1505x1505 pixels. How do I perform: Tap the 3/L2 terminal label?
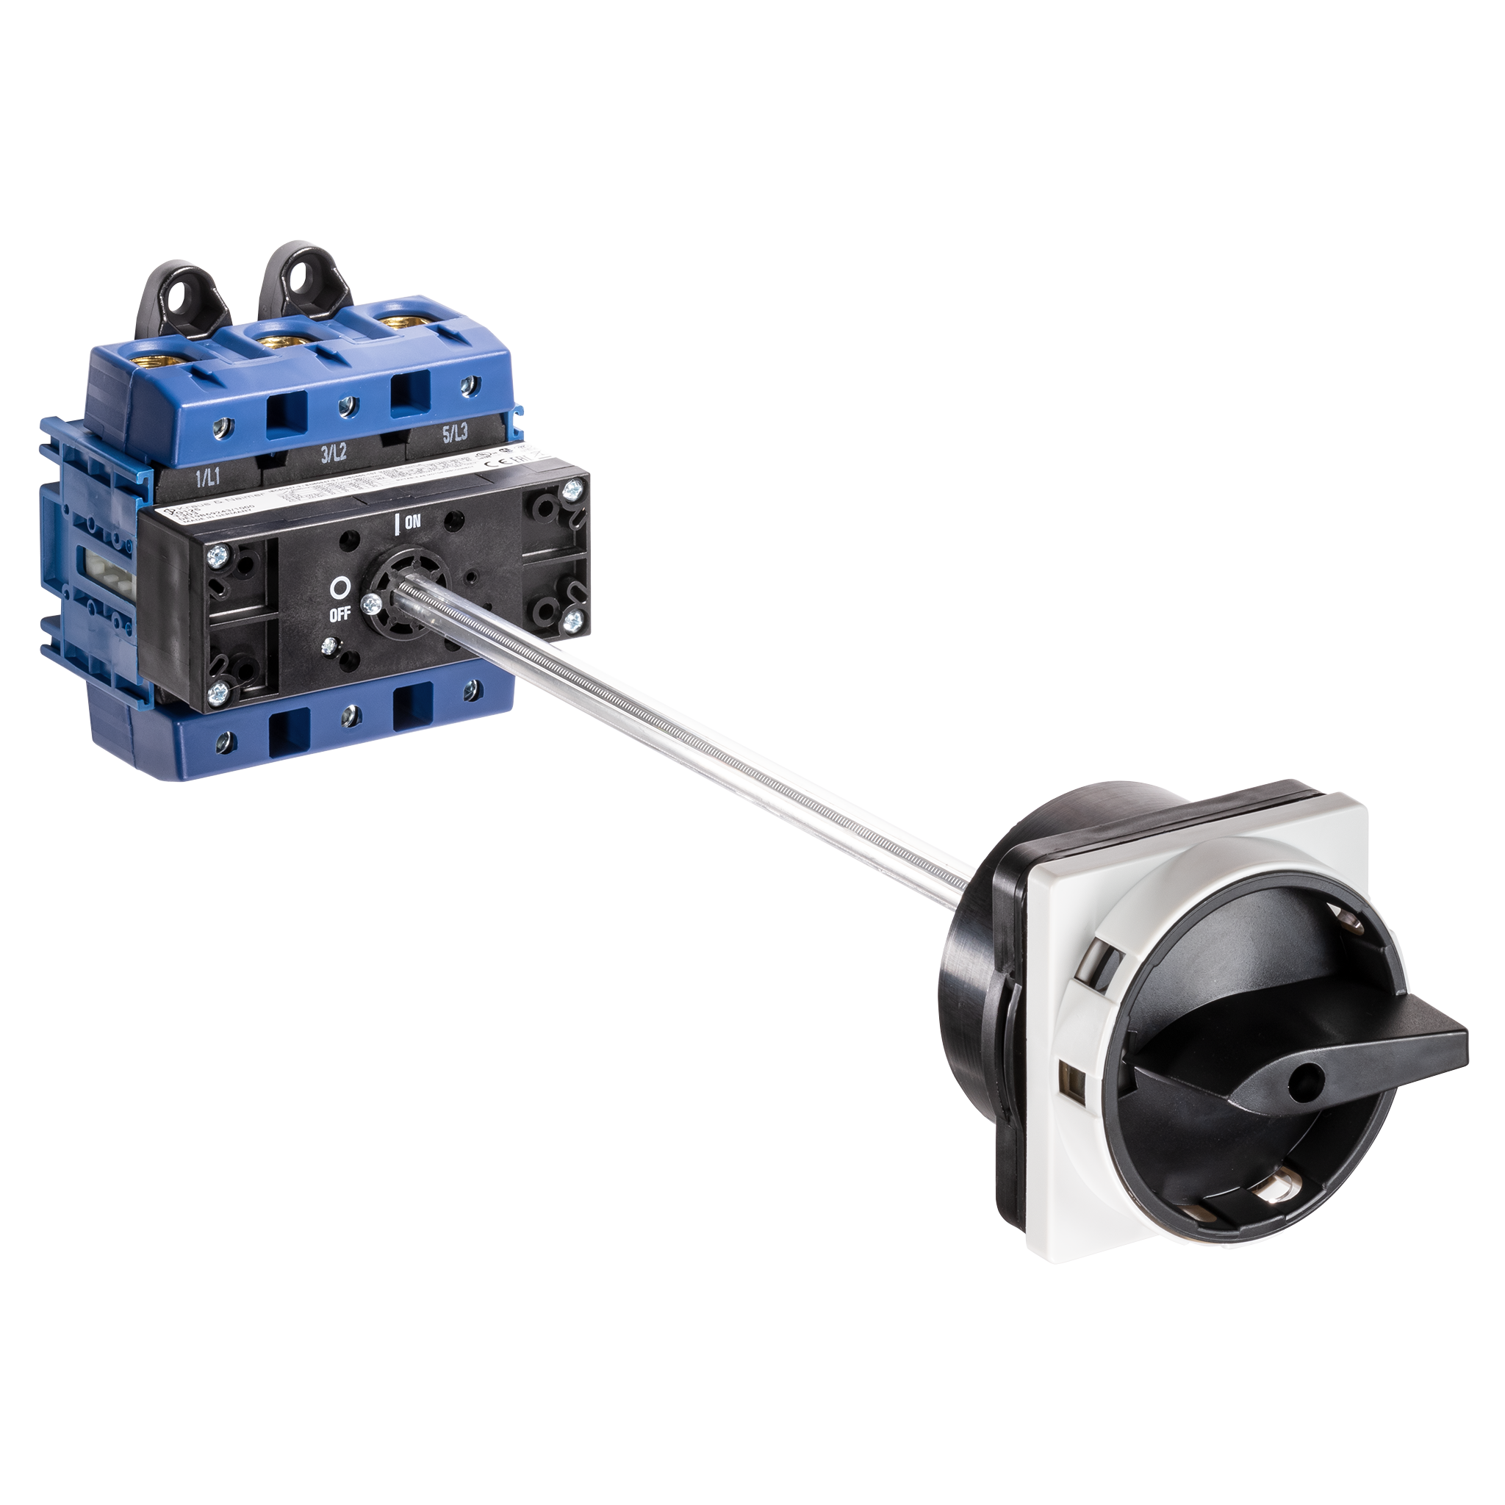click(334, 455)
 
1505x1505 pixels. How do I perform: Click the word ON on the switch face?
click(412, 522)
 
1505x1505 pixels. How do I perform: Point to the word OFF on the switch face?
click(340, 614)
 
